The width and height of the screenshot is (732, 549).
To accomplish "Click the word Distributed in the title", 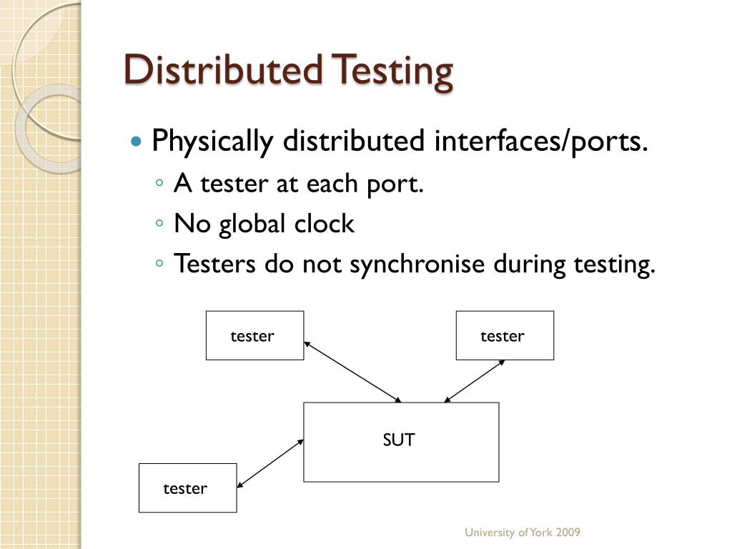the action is [222, 70].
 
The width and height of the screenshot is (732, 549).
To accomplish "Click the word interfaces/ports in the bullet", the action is [540, 142].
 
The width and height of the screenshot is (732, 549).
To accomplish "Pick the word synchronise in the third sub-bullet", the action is [417, 264].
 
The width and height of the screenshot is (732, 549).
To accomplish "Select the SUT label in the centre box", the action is [398, 440].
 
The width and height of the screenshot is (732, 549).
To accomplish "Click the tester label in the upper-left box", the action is [252, 336].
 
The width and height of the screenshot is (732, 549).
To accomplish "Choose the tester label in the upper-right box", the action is [503, 336].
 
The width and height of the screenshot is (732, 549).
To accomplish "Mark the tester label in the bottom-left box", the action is [185, 489].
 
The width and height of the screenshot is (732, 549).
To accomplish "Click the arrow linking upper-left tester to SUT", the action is [353, 372].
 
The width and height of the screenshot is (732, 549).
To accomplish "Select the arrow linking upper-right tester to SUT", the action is [475, 380].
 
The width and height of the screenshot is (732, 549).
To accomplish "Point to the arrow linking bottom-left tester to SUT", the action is [270, 464].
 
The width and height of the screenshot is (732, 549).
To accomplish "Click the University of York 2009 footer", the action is [522, 533].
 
